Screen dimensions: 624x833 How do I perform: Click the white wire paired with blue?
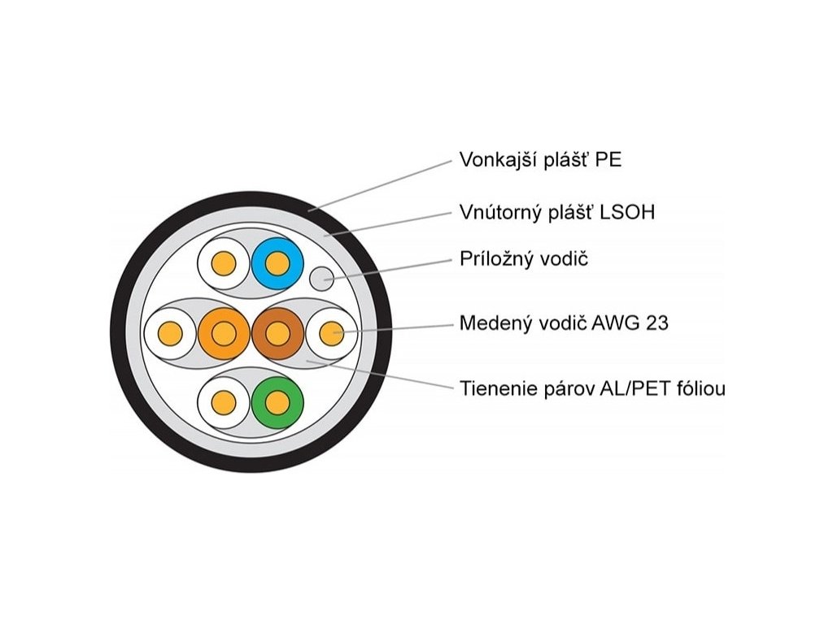click(224, 263)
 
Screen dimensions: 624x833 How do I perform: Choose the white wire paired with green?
click(224, 402)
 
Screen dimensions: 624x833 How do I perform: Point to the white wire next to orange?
click(170, 332)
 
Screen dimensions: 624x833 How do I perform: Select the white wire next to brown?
click(331, 332)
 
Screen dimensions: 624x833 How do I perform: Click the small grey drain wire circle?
click(323, 279)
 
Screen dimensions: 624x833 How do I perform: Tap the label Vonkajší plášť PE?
click(540, 159)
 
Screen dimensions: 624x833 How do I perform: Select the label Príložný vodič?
click(523, 260)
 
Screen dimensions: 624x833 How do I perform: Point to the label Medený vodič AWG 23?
click(564, 323)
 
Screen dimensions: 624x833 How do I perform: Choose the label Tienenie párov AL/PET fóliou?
click(592, 388)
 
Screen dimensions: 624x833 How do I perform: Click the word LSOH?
click(627, 213)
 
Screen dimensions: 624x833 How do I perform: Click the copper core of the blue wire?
click(277, 263)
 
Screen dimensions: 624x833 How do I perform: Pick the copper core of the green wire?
click(277, 402)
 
